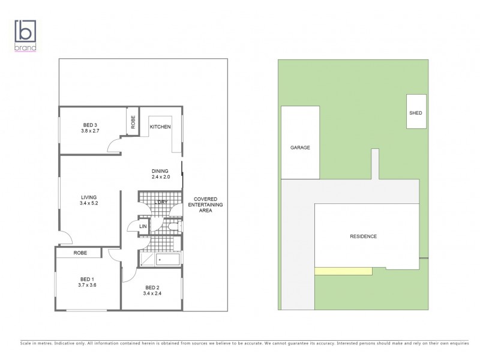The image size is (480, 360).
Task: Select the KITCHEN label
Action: [x=160, y=127]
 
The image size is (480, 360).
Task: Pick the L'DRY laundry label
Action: [x=160, y=202]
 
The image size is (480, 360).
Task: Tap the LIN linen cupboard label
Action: [x=143, y=226]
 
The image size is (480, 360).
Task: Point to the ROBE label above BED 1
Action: [x=80, y=253]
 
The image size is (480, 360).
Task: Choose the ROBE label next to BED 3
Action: [x=133, y=122]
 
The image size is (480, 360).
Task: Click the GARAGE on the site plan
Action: [x=300, y=148]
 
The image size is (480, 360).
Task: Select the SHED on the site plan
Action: [x=416, y=112]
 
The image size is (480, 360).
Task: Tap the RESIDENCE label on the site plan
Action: [x=363, y=236]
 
